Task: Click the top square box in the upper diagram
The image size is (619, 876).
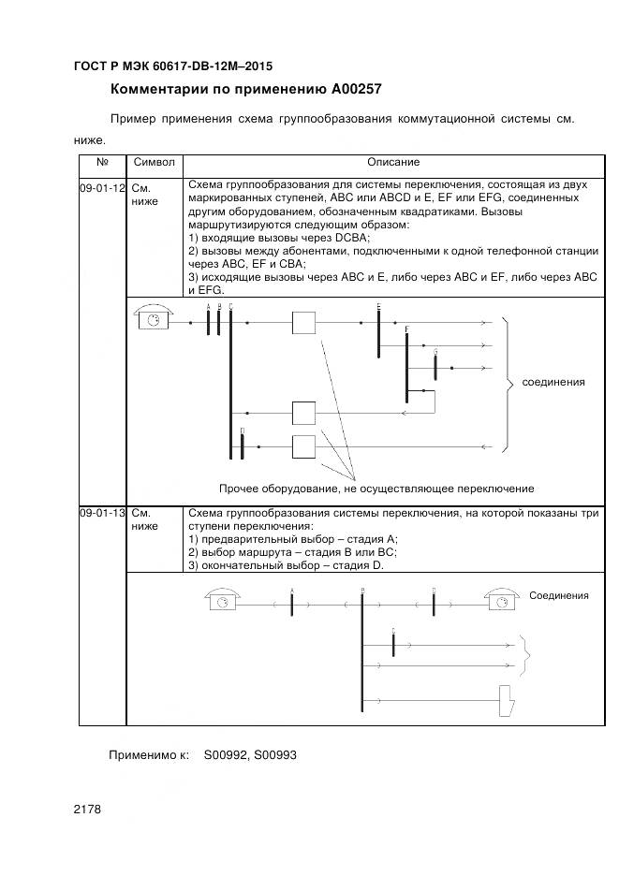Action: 304,323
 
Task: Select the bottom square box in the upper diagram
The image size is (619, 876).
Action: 304,446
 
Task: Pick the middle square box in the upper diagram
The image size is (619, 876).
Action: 304,413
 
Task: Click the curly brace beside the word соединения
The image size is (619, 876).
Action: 508,382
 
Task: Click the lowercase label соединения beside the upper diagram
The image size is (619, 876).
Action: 553,382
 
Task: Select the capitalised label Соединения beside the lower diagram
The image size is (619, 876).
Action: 559,595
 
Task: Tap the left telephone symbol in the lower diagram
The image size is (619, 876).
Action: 223,602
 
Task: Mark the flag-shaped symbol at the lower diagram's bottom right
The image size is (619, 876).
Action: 507,700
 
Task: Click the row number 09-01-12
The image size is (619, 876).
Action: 102,188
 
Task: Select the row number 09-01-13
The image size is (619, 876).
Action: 102,514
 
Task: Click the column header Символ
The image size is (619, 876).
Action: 155,163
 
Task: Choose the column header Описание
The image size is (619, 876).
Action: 393,163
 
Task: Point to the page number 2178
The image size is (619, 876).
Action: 87,809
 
